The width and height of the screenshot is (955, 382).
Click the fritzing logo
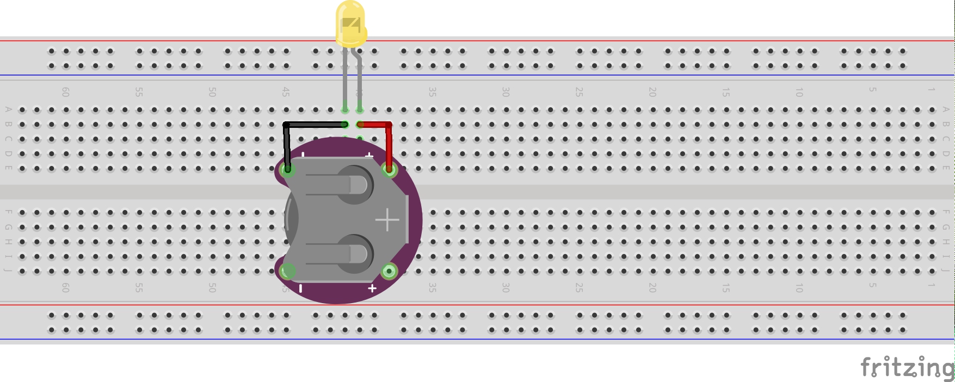coord(906,368)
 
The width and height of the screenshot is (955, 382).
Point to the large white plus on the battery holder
coord(387,220)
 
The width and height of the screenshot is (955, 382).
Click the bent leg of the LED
coord(359,82)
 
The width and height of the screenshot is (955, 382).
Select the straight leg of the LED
coord(345,82)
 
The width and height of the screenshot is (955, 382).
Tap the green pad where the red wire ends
coord(389,170)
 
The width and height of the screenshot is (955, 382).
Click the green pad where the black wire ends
coord(287,170)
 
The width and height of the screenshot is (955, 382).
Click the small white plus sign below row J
coord(372,288)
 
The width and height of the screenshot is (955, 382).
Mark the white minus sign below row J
coord(301,288)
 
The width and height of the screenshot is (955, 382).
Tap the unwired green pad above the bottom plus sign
coord(389,271)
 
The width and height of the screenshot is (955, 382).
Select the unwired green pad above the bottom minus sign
coord(287,271)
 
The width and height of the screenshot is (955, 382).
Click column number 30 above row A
coord(506,92)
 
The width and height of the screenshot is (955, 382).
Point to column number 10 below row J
coord(799,288)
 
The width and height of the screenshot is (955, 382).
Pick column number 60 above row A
coord(65,92)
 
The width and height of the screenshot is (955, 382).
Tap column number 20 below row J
coord(652,288)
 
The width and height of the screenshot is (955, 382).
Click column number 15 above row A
coord(725,92)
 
